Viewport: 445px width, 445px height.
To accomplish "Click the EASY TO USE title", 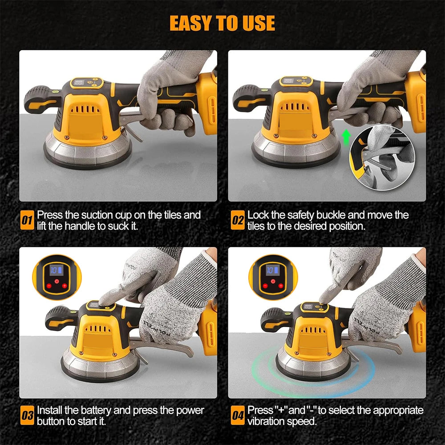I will pos(222,23).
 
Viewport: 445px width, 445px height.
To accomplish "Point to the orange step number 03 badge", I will pos(28,416).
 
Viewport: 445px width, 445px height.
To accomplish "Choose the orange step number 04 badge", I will pos(238,416).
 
